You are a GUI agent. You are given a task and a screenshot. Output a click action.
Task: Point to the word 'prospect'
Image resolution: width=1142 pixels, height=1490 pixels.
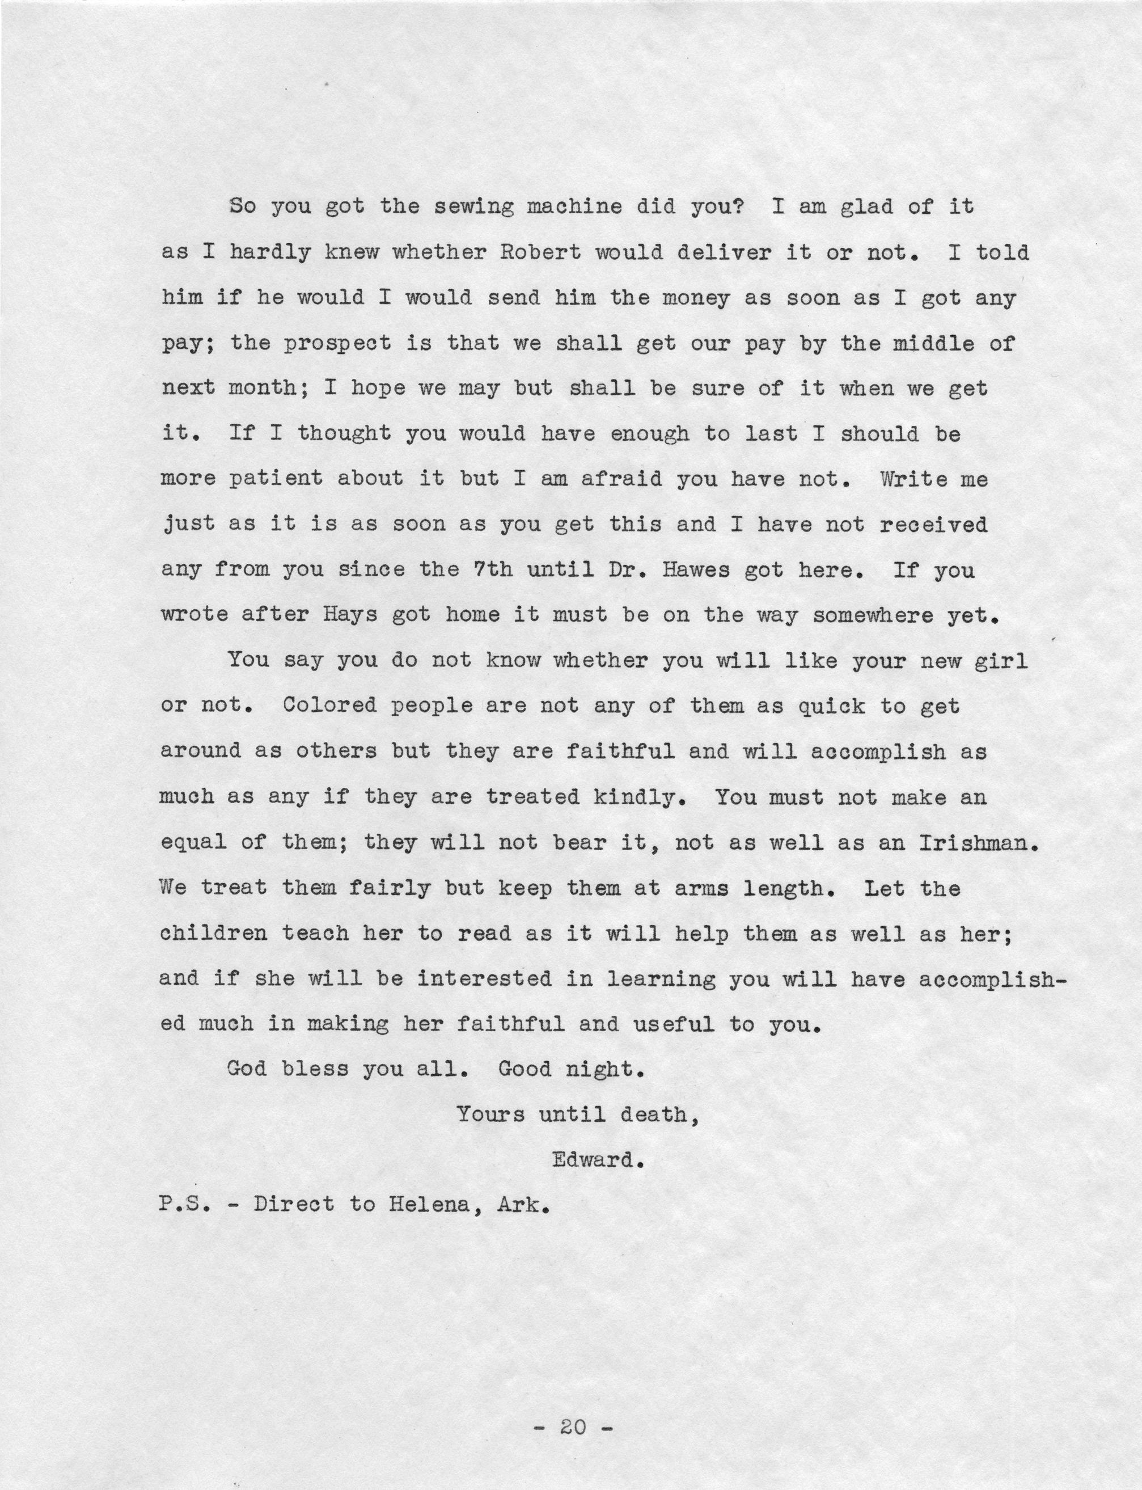click(337, 343)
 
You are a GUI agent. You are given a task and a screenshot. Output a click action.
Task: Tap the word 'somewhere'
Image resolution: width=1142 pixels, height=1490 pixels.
click(873, 615)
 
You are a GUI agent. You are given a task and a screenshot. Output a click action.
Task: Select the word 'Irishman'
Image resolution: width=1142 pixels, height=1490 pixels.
click(977, 842)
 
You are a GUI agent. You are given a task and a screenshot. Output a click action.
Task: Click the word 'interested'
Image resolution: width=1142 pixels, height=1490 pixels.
click(484, 978)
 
